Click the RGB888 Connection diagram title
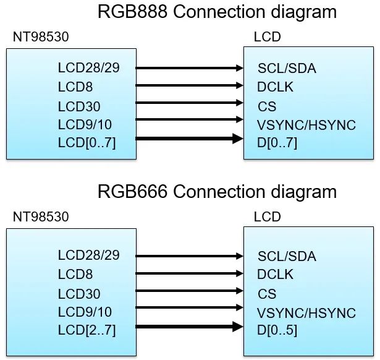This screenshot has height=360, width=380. [x=217, y=12]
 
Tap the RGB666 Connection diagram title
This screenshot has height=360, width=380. [x=217, y=191]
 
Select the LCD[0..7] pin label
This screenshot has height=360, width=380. [x=87, y=144]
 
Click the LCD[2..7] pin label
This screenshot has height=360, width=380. [x=87, y=330]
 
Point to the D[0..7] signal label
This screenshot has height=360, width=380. [x=277, y=144]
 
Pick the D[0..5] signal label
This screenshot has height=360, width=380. [x=277, y=330]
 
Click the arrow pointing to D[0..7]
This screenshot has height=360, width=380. [x=188, y=139]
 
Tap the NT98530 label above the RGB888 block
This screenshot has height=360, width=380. [x=41, y=37]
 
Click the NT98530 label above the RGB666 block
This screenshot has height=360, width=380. [x=41, y=217]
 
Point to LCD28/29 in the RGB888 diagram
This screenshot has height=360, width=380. [x=89, y=67]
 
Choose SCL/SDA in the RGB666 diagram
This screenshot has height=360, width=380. [x=287, y=256]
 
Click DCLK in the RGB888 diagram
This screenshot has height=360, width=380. [x=276, y=87]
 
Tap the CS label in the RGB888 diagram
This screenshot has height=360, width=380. [x=267, y=106]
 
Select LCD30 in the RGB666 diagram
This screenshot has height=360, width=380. [x=79, y=293]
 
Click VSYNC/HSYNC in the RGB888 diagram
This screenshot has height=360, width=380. [x=306, y=125]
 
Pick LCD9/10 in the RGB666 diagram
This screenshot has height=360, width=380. [x=85, y=312]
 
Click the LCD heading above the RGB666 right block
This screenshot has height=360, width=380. [x=267, y=217]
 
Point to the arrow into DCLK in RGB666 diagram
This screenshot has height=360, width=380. [x=188, y=273]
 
